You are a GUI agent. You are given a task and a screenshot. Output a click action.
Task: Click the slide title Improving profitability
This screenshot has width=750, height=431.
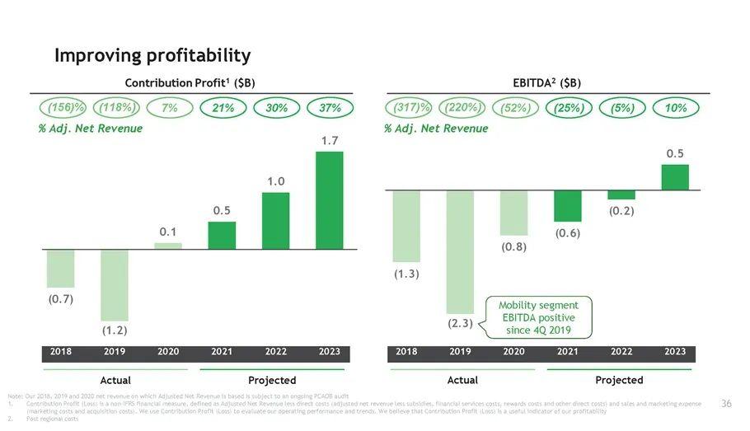(x=152, y=55)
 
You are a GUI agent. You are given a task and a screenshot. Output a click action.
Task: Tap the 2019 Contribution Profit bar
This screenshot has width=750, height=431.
(x=115, y=285)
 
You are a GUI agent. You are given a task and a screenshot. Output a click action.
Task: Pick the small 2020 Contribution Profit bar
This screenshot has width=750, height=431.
(x=168, y=246)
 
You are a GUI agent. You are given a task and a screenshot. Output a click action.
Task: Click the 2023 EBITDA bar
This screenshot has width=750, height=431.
(x=674, y=177)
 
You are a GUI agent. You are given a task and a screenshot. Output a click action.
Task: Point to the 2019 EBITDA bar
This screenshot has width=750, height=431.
(x=460, y=251)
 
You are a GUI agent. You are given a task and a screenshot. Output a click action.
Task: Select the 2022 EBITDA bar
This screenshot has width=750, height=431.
(x=621, y=195)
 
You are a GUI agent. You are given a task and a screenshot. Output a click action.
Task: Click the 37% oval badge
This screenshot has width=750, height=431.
(x=330, y=108)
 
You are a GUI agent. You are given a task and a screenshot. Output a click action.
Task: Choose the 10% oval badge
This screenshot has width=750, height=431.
(x=675, y=108)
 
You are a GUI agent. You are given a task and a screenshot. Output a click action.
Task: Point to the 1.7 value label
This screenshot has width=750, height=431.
(x=330, y=142)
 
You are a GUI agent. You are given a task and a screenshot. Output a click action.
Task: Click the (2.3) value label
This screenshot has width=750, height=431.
(x=460, y=323)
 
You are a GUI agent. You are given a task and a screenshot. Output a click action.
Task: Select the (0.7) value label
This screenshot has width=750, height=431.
(x=61, y=298)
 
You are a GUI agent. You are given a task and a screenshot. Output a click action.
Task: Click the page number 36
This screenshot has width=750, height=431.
(x=726, y=403)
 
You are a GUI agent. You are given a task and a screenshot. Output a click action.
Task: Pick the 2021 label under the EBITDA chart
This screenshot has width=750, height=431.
(x=567, y=352)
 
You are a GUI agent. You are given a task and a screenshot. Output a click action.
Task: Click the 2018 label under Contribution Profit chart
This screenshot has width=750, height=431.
(x=61, y=352)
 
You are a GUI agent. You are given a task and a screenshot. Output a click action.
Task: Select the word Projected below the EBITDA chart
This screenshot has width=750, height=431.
(x=619, y=380)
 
